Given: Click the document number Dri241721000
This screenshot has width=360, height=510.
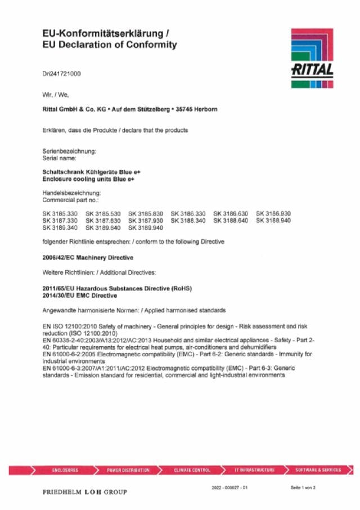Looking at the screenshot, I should (x=61, y=74).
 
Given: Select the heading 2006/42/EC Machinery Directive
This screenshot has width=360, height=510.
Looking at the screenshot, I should (x=88, y=257).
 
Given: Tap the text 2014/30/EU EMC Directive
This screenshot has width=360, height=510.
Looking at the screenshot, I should (x=80, y=295).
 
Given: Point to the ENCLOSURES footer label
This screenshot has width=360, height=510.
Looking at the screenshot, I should (x=65, y=469).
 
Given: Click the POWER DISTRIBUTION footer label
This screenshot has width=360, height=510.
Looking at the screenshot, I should (x=128, y=469).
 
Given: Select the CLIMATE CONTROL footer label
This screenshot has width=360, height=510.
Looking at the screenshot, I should (x=192, y=469).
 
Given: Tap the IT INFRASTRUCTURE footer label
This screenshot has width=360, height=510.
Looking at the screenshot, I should (x=255, y=469).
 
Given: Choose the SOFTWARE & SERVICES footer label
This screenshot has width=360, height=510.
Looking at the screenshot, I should (x=318, y=469).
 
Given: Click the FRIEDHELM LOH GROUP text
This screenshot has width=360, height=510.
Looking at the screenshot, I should (x=85, y=492).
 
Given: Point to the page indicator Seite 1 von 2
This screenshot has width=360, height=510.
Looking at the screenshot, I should (x=303, y=487).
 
